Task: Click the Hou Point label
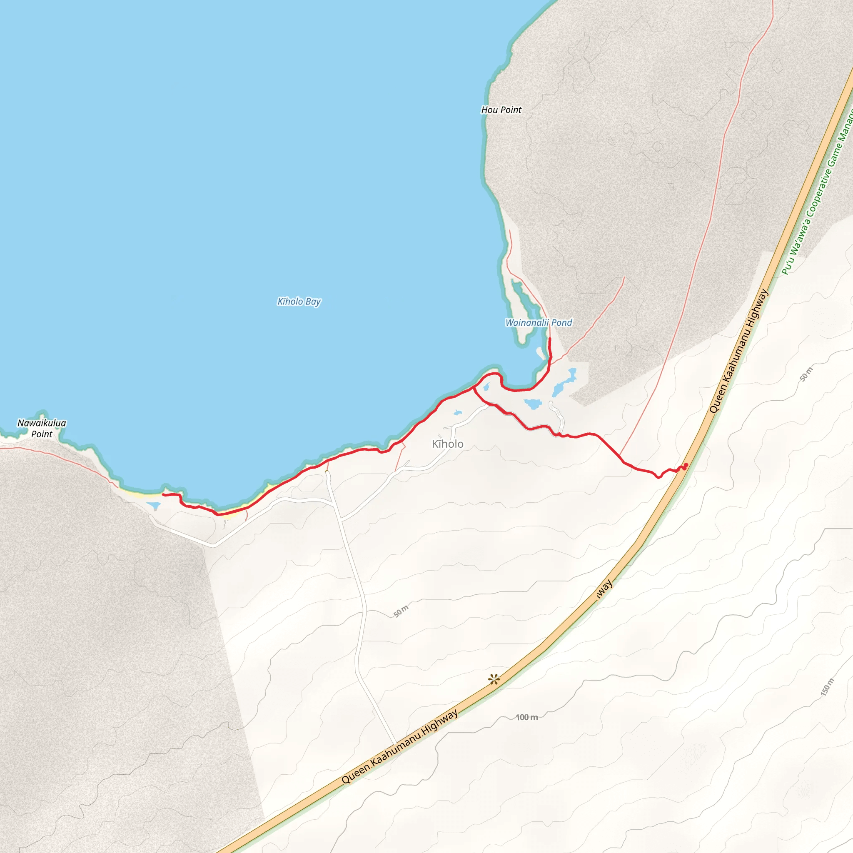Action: pyautogui.click(x=501, y=110)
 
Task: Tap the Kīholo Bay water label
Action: pyautogui.click(x=299, y=302)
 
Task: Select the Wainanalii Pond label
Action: pyautogui.click(x=539, y=323)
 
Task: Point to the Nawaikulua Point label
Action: pyautogui.click(x=42, y=428)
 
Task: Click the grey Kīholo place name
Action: pyautogui.click(x=448, y=444)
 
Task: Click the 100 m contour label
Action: pyautogui.click(x=527, y=718)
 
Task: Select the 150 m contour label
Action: pyautogui.click(x=828, y=687)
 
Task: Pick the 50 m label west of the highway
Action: pyautogui.click(x=402, y=611)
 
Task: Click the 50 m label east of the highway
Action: pyautogui.click(x=806, y=374)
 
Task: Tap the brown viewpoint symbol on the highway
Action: pyautogui.click(x=494, y=679)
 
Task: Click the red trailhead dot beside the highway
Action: pyautogui.click(x=686, y=465)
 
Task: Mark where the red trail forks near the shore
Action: pyautogui.click(x=474, y=389)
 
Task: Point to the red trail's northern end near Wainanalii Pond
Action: pyautogui.click(x=550, y=339)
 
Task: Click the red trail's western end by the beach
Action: pyautogui.click(x=163, y=494)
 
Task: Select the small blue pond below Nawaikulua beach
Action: pyautogui.click(x=154, y=505)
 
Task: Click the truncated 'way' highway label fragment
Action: pyautogui.click(x=604, y=589)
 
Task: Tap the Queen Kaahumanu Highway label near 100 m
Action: pyautogui.click(x=399, y=746)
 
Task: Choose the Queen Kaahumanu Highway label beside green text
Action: pyautogui.click(x=738, y=352)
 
